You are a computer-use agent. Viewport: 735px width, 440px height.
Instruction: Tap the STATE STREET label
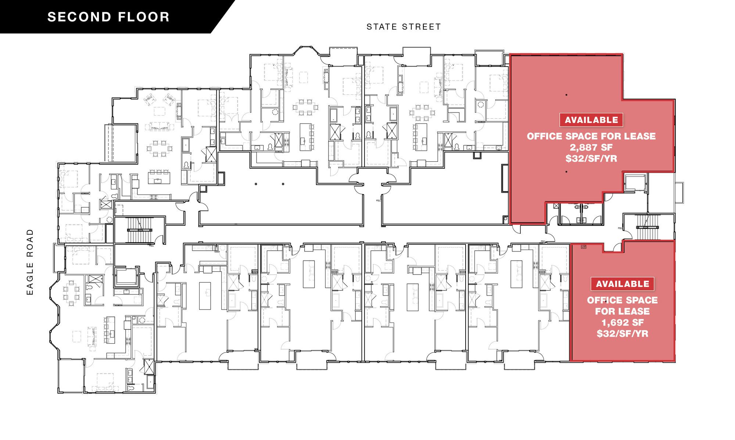(404, 27)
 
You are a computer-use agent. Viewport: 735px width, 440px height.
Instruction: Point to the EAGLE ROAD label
(30, 262)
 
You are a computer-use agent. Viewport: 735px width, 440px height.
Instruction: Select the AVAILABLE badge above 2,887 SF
(591, 120)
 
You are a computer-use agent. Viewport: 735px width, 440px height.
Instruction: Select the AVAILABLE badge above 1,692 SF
(623, 284)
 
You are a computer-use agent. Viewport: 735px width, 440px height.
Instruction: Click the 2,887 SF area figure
(591, 147)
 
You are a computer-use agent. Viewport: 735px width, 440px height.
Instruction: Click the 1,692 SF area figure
(623, 323)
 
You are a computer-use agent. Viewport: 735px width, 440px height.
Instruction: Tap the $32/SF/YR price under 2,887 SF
(591, 159)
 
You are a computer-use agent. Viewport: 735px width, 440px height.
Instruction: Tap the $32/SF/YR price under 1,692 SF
(623, 334)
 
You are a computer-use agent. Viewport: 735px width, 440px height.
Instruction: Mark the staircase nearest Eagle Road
(140, 230)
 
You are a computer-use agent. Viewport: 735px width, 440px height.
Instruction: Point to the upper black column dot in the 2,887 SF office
(566, 95)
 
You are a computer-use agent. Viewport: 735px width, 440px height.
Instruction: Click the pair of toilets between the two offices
(580, 208)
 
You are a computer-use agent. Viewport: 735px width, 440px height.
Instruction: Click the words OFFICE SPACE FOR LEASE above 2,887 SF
(591, 136)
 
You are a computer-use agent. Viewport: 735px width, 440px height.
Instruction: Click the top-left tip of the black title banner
(0, 0)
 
